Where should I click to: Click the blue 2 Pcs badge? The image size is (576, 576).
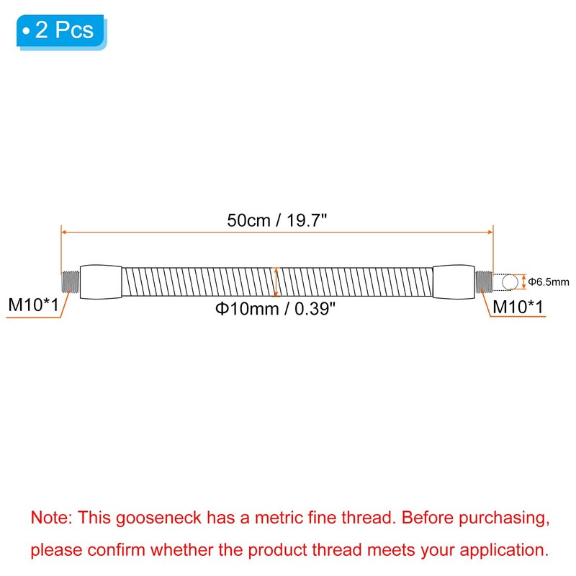(61, 31)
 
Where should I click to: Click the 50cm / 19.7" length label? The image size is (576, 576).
(277, 220)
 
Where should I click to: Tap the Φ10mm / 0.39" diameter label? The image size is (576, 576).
(275, 308)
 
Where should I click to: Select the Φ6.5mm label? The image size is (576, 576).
(549, 282)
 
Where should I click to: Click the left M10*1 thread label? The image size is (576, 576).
(33, 305)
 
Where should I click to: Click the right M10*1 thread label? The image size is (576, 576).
(518, 307)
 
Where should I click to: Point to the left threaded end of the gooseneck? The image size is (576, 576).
(71, 282)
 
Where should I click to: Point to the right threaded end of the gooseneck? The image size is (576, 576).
(484, 282)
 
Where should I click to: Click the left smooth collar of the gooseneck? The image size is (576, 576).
(101, 282)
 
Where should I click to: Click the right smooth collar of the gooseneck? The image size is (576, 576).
(454, 282)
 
